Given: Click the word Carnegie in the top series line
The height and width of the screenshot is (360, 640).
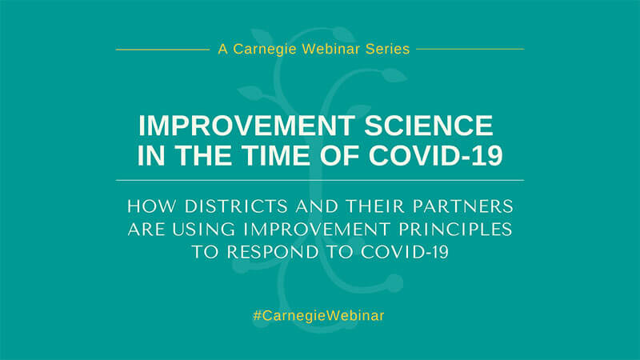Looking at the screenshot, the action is (x=265, y=50).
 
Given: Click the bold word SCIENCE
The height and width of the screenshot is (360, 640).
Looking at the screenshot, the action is (x=429, y=126).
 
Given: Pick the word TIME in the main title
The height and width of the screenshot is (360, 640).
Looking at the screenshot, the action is (x=275, y=155).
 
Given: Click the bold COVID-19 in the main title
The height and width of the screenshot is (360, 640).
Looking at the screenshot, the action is (x=435, y=155).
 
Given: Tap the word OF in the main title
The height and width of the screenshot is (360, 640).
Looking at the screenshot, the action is (x=339, y=155).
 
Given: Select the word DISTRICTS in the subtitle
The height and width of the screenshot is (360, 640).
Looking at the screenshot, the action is (x=236, y=206).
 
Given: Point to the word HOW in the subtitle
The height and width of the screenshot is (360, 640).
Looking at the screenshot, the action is (x=153, y=206).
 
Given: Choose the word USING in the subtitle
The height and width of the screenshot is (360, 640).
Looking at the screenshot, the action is (x=204, y=230).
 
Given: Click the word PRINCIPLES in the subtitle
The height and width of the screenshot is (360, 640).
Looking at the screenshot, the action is (x=455, y=230).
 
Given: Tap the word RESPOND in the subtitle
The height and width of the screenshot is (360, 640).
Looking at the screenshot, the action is (x=273, y=252).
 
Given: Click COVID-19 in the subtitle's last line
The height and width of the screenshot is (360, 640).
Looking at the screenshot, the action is (x=405, y=252).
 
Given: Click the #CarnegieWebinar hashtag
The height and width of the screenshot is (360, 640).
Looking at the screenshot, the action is (x=318, y=316).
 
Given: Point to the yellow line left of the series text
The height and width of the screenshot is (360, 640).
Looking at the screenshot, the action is (x=163, y=50).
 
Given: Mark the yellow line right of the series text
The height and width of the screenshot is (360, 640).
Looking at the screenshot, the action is (x=470, y=49).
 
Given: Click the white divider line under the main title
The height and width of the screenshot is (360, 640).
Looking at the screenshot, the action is (x=320, y=180).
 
